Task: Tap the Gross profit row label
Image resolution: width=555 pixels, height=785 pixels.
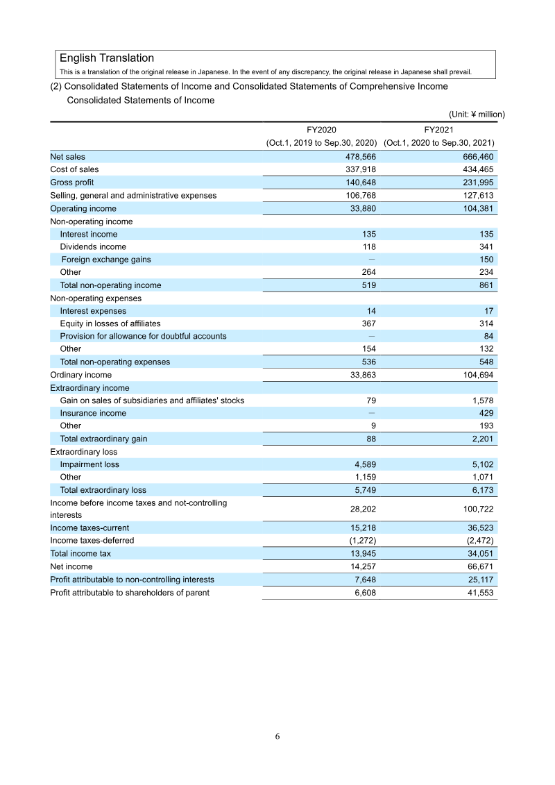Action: (71, 183)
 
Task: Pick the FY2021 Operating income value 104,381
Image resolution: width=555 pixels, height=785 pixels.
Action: (477, 208)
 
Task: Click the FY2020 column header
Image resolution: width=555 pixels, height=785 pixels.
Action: (321, 130)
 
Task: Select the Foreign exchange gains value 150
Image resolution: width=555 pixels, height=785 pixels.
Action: (486, 260)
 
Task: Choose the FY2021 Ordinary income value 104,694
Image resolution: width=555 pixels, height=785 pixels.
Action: (477, 375)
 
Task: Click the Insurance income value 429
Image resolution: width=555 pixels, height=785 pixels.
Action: (486, 413)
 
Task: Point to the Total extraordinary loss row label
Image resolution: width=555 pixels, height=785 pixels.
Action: (103, 490)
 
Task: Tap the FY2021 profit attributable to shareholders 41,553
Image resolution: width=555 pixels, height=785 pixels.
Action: (479, 593)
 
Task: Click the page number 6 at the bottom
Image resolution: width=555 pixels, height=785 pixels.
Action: (277, 736)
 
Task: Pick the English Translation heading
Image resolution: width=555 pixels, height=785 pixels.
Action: (107, 58)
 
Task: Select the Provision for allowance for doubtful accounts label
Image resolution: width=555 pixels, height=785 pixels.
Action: (143, 336)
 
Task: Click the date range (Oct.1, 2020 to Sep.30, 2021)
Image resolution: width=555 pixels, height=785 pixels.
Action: (438, 143)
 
